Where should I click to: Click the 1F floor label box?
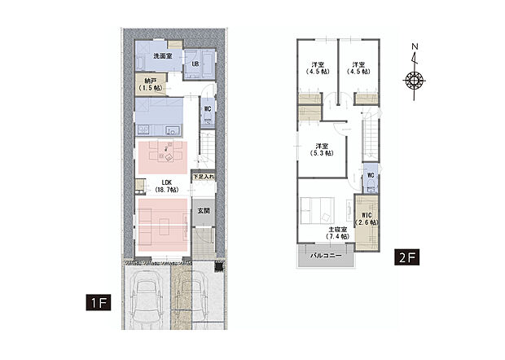99,302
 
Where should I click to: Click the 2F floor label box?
406,257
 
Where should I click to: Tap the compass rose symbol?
414,80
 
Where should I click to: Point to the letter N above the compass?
415,46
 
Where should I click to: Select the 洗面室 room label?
163,56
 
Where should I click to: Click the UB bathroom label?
195,64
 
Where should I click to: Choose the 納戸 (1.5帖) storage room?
151,85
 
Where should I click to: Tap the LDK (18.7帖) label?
166,187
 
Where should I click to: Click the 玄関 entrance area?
204,211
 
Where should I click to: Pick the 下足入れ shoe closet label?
204,177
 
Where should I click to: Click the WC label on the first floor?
208,109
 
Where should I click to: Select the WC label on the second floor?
371,175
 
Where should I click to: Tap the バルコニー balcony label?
326,256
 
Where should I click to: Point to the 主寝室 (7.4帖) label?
337,233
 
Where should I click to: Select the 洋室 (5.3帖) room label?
322,150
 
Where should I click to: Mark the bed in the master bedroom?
317,211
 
